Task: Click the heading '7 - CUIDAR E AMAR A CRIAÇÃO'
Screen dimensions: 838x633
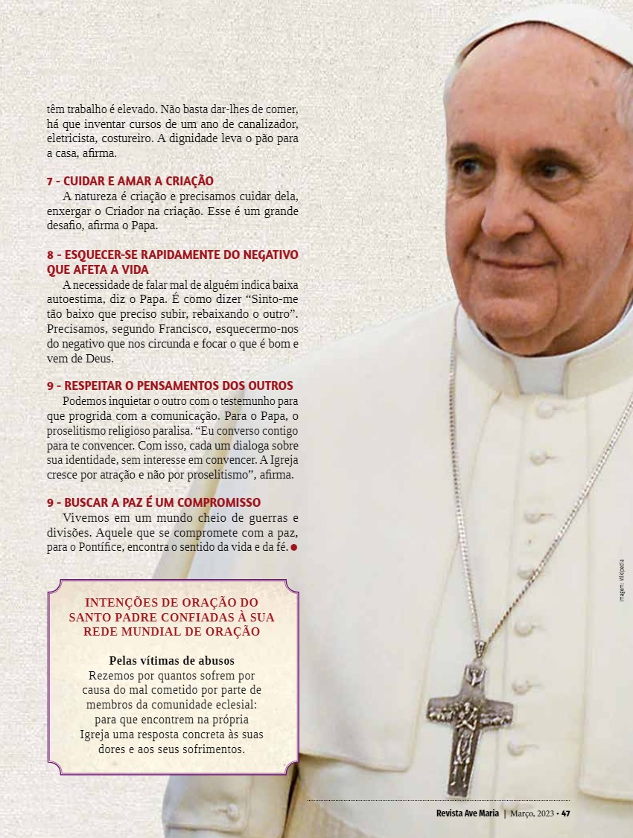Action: click(x=130, y=181)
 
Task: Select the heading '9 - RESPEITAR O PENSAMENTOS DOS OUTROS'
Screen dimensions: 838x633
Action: click(x=170, y=386)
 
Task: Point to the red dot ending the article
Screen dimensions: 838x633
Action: click(x=294, y=548)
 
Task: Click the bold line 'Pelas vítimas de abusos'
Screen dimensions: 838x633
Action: click(x=172, y=661)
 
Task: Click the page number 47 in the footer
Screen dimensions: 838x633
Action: click(x=566, y=813)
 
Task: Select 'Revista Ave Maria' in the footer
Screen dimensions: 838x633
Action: click(x=468, y=813)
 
